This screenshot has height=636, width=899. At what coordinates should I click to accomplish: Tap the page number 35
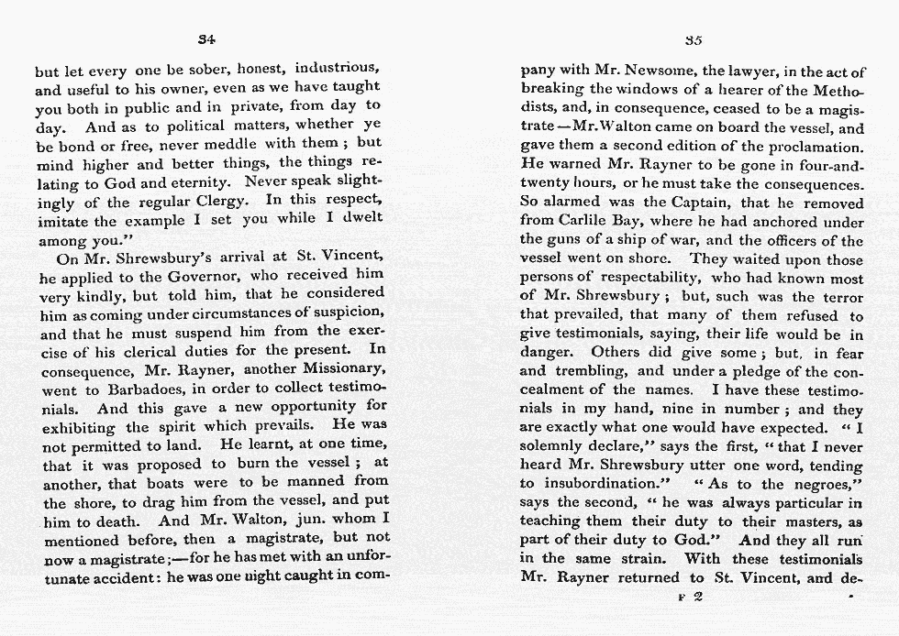tap(694, 39)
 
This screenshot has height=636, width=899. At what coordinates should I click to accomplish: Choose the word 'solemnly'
tap(556, 446)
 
